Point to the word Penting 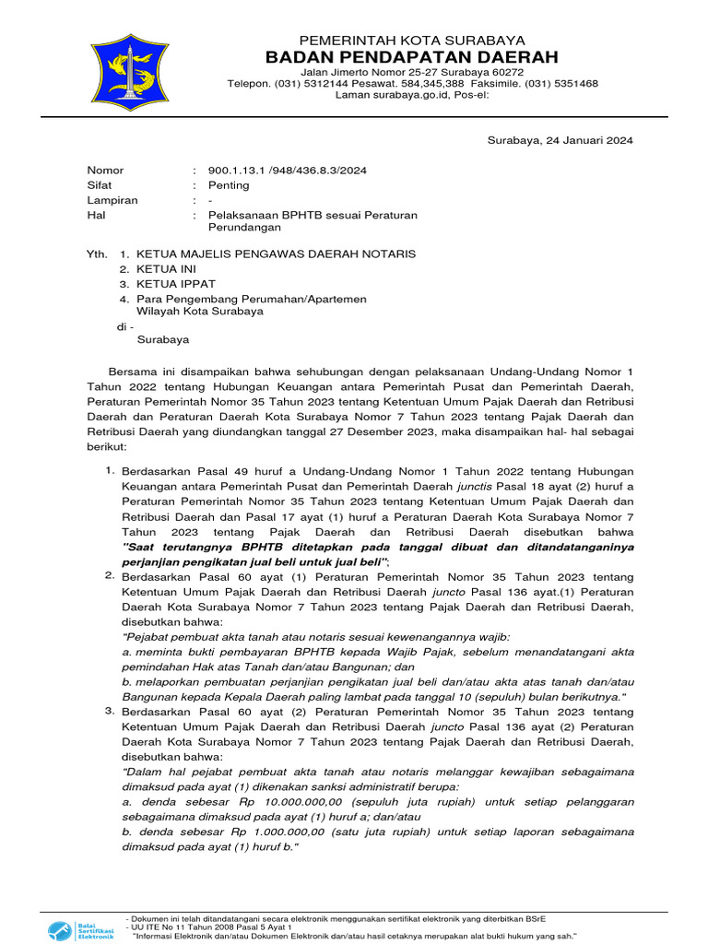click(229, 185)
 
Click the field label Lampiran click(112, 200)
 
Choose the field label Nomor click(105, 171)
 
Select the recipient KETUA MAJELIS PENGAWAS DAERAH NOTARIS click(276, 254)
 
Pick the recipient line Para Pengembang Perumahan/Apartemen click(252, 299)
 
